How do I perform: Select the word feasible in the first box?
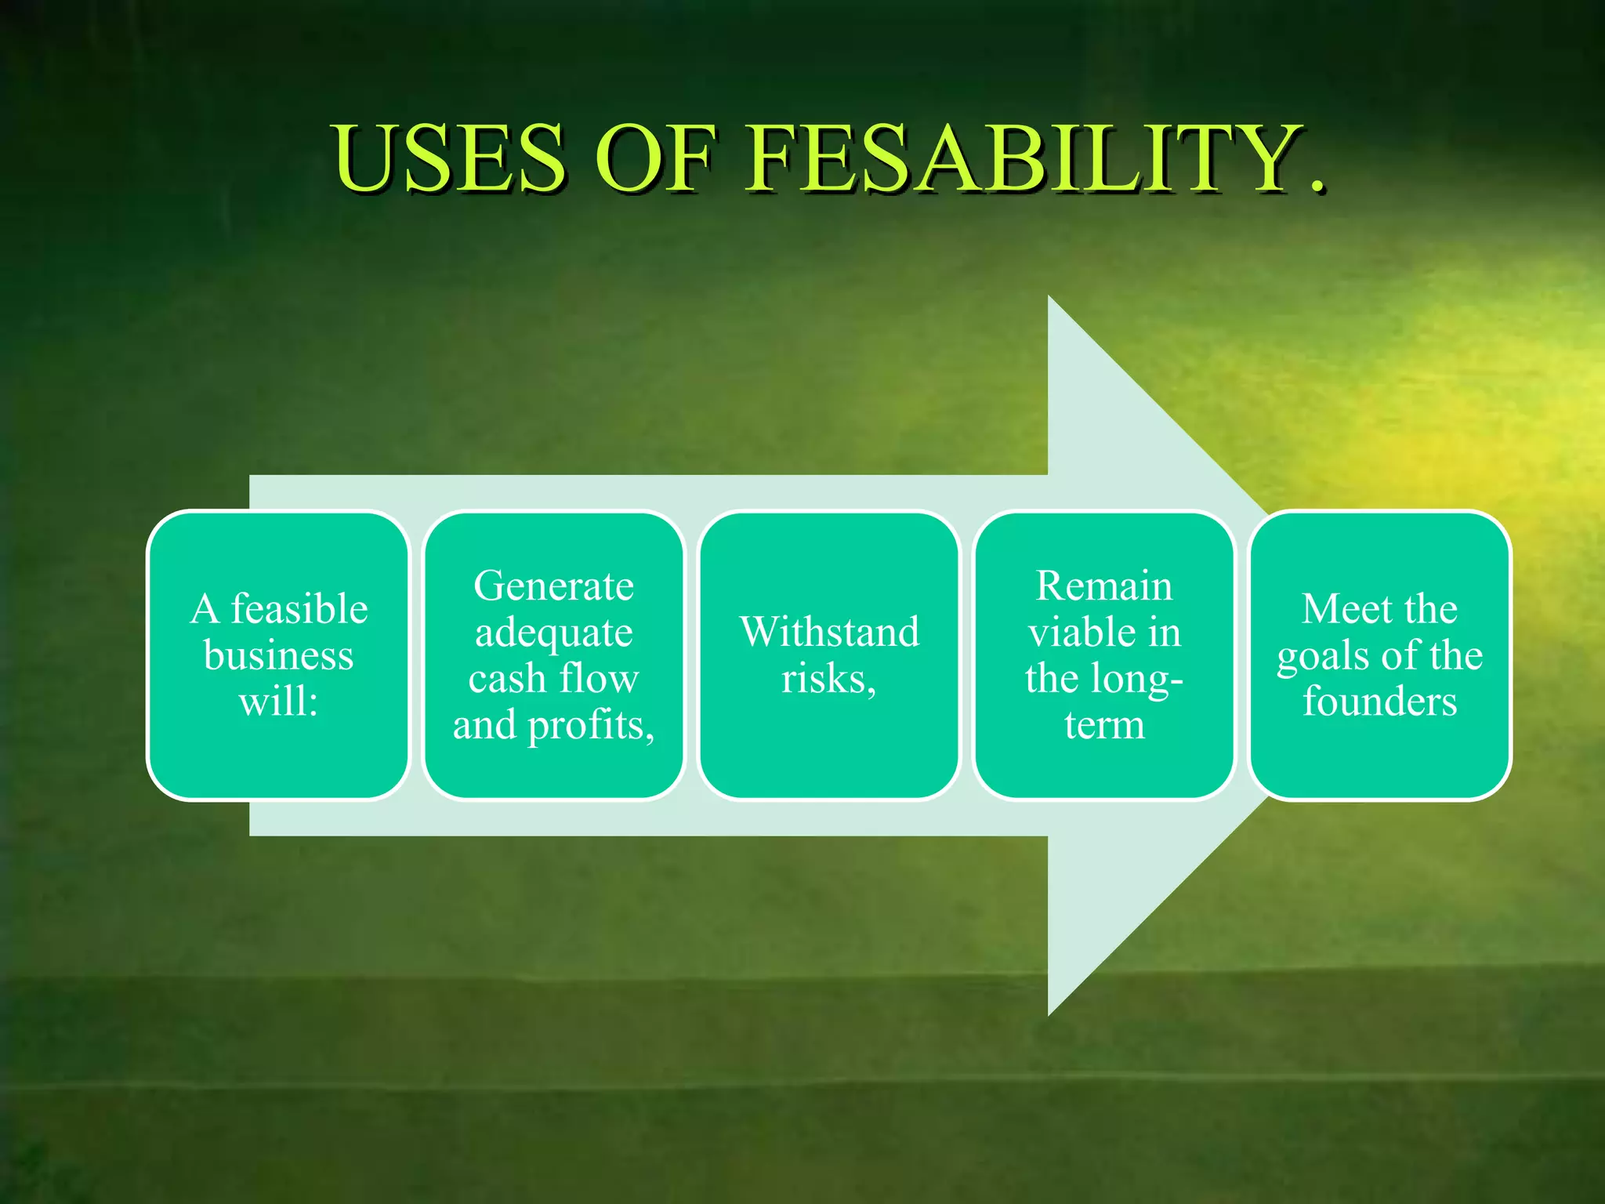(299, 609)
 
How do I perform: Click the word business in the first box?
(278, 655)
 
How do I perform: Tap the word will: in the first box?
(278, 701)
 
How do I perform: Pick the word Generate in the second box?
(553, 586)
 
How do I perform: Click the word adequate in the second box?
(553, 633)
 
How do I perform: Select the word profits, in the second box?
(591, 726)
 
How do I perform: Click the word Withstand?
(829, 632)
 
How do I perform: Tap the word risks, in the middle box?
(829, 679)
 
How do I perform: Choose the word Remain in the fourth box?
(1104, 586)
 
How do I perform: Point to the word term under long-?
(1104, 725)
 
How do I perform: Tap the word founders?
(1379, 701)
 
